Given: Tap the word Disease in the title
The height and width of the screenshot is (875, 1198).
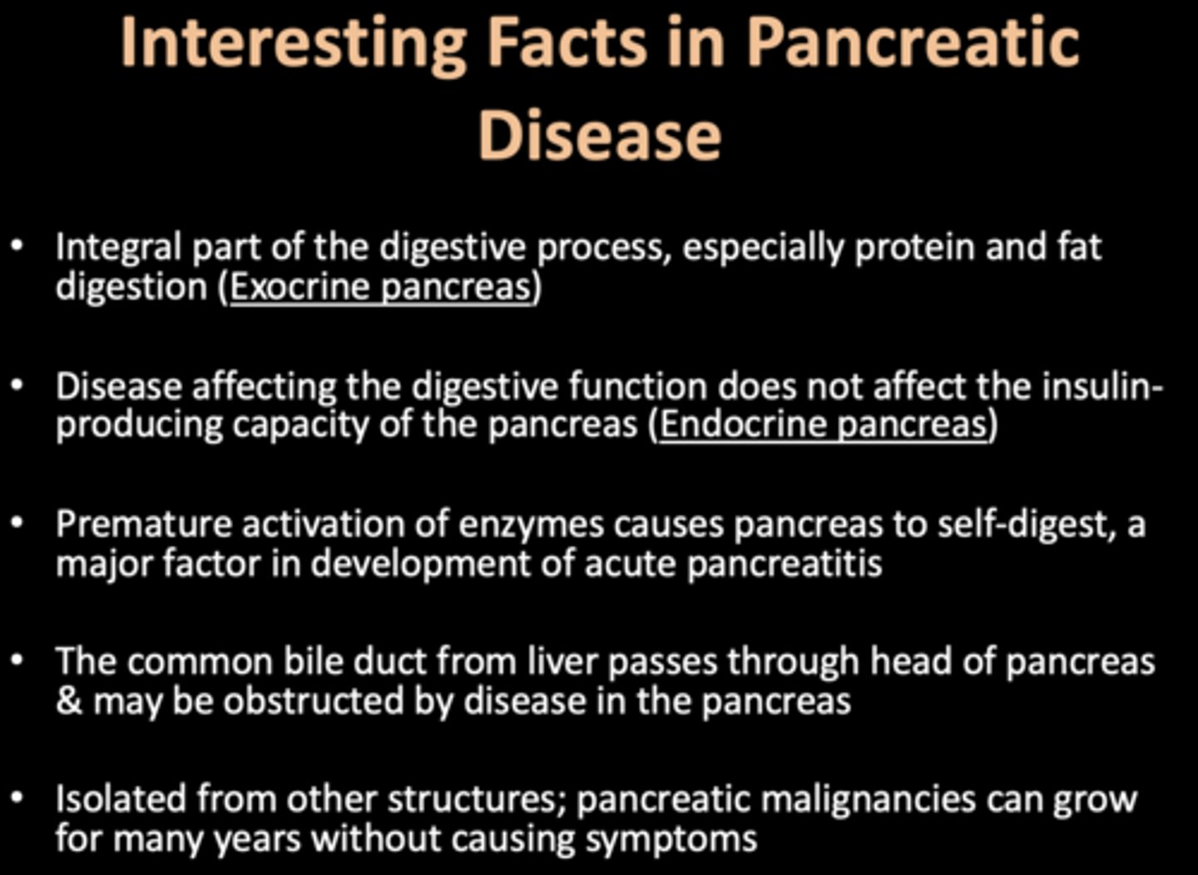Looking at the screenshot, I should (x=599, y=135).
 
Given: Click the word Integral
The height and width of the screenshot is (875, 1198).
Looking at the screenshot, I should (x=117, y=248).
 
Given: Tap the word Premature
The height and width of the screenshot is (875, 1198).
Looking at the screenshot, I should (x=142, y=525).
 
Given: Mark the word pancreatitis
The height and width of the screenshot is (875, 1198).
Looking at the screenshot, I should (x=784, y=564).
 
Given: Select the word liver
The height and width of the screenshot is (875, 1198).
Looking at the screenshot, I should (x=562, y=662).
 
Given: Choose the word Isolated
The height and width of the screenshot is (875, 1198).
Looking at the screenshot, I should (x=121, y=799).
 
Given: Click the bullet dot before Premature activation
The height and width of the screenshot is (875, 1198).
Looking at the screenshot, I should (x=18, y=525).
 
